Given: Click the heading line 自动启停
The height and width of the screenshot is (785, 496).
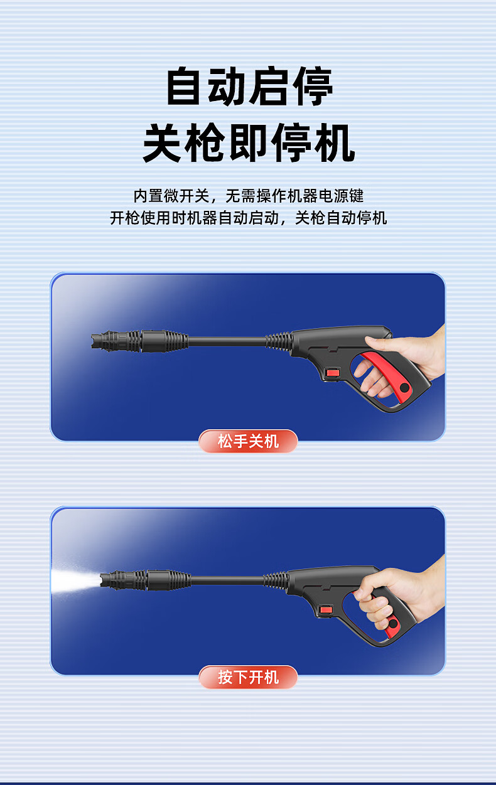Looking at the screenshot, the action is [x=249, y=86].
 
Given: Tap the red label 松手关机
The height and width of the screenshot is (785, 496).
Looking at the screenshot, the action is [x=248, y=441].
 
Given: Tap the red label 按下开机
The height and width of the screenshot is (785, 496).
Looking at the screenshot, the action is [x=248, y=677].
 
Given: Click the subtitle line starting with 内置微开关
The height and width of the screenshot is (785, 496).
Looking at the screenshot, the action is [x=249, y=196].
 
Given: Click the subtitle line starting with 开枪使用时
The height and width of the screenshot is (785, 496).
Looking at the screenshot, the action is [x=249, y=218].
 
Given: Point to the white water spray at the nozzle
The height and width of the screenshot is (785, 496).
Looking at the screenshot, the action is [x=75, y=582].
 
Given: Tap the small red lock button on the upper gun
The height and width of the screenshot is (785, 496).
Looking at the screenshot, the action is [x=332, y=372].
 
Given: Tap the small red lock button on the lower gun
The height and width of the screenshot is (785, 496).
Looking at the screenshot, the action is [x=326, y=610].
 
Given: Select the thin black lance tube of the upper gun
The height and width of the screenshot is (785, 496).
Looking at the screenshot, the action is [x=227, y=341].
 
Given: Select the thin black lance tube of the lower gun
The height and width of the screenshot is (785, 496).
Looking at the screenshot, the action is [x=227, y=580].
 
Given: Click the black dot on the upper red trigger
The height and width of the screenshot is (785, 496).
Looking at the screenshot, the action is [x=404, y=388].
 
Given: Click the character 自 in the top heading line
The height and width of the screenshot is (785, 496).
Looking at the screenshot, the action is [x=185, y=86].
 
